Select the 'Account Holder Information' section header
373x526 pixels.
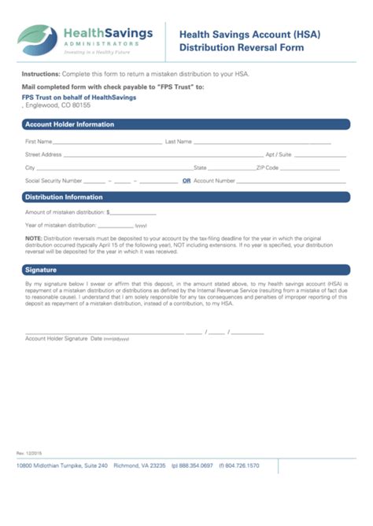click(70, 124)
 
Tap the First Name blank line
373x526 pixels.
click(107, 144)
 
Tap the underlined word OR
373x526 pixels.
click(186, 181)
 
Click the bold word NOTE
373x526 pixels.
click(33, 237)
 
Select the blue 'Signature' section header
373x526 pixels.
click(41, 270)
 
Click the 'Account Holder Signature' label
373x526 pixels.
click(56, 316)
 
